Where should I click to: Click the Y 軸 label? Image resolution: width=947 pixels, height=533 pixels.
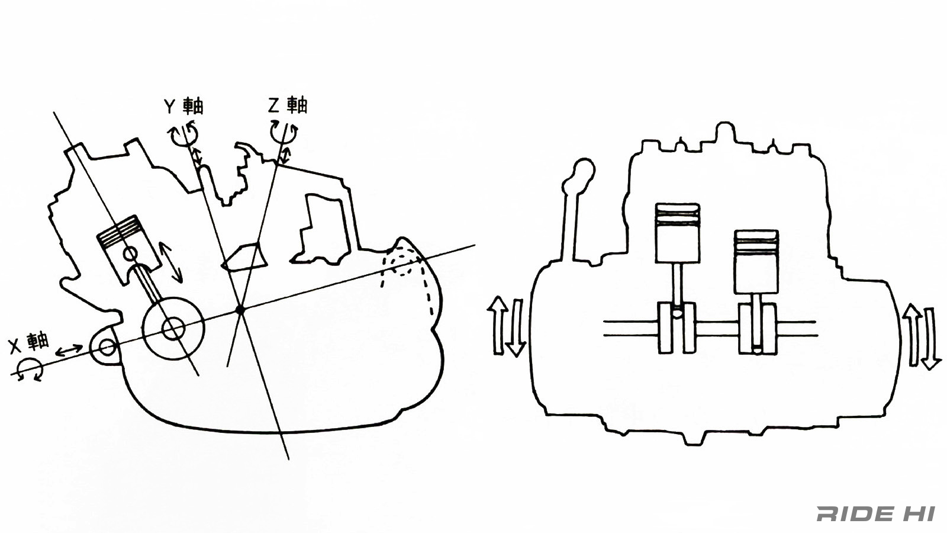[x=184, y=106]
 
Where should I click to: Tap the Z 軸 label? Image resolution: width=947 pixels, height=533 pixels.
[x=288, y=105]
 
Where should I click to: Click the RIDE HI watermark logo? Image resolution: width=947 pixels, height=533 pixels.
[x=875, y=513]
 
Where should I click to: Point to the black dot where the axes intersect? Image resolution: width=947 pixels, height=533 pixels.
[x=240, y=310]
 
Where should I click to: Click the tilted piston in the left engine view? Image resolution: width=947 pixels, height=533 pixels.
[x=129, y=248]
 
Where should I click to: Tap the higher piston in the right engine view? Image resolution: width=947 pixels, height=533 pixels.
[x=677, y=233]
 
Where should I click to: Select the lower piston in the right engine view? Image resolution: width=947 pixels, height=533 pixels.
[x=756, y=262]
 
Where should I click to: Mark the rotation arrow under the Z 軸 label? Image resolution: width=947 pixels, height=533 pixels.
[x=284, y=132]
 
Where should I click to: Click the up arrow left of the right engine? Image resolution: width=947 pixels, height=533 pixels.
[x=498, y=325]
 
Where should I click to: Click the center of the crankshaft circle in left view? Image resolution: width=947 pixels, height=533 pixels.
[x=173, y=329]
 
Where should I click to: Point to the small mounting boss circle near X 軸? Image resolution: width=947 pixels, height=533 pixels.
[x=107, y=347]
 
